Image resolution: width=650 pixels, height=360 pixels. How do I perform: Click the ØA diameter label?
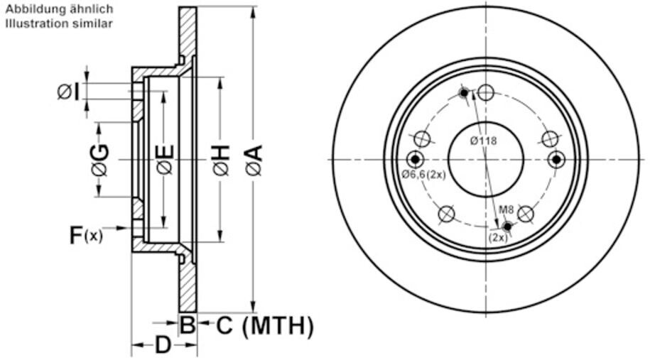tap(254, 160)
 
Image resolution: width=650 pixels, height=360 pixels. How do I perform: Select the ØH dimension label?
tap(221, 160)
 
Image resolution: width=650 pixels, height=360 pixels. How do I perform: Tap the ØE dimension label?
tap(165, 160)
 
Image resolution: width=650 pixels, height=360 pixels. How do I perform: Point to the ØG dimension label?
tap(100, 160)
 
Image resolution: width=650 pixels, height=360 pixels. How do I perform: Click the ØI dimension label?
tap(68, 92)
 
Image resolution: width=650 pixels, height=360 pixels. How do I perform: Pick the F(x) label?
tap(85, 235)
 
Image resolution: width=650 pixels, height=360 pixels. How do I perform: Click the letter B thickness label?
tap(188, 324)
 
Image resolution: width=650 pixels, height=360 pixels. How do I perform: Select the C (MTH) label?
tap(264, 326)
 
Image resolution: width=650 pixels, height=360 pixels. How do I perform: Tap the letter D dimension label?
tap(163, 344)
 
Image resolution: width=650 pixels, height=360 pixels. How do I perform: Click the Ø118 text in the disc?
tap(483, 141)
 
